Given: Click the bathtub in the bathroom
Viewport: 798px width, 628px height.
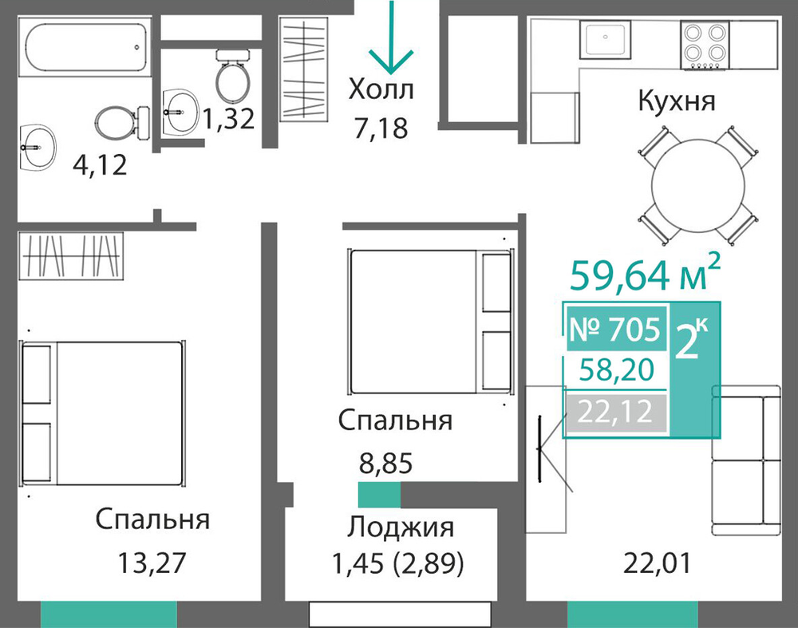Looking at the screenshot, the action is [x=85, y=47].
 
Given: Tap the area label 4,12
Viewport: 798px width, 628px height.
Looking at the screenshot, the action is [x=101, y=165].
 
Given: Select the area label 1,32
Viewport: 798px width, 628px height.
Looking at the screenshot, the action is [x=228, y=119].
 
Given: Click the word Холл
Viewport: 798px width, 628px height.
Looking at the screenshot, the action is [x=381, y=89].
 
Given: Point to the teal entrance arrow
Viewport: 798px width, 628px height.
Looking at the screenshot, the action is [x=391, y=38].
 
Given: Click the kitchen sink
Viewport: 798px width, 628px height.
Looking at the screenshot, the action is [x=605, y=38].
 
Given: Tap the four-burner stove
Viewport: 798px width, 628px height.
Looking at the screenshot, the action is [x=705, y=45].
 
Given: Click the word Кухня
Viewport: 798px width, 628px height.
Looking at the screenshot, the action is [x=677, y=101].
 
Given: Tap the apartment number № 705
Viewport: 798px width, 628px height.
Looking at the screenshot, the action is [x=616, y=330].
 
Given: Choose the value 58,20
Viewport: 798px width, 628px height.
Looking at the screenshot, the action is [x=617, y=370].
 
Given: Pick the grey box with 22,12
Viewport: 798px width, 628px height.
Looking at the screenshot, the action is [x=616, y=413].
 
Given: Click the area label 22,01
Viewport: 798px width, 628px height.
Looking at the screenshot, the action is [x=657, y=563].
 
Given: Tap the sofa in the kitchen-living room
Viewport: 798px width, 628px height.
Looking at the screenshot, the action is [x=745, y=460].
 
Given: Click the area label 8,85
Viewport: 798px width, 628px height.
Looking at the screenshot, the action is [x=385, y=464].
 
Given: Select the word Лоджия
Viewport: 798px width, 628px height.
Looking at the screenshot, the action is [x=401, y=527].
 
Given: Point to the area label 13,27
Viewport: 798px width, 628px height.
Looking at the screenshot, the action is [x=152, y=563].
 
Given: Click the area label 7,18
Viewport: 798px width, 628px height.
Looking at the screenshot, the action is [x=381, y=128].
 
